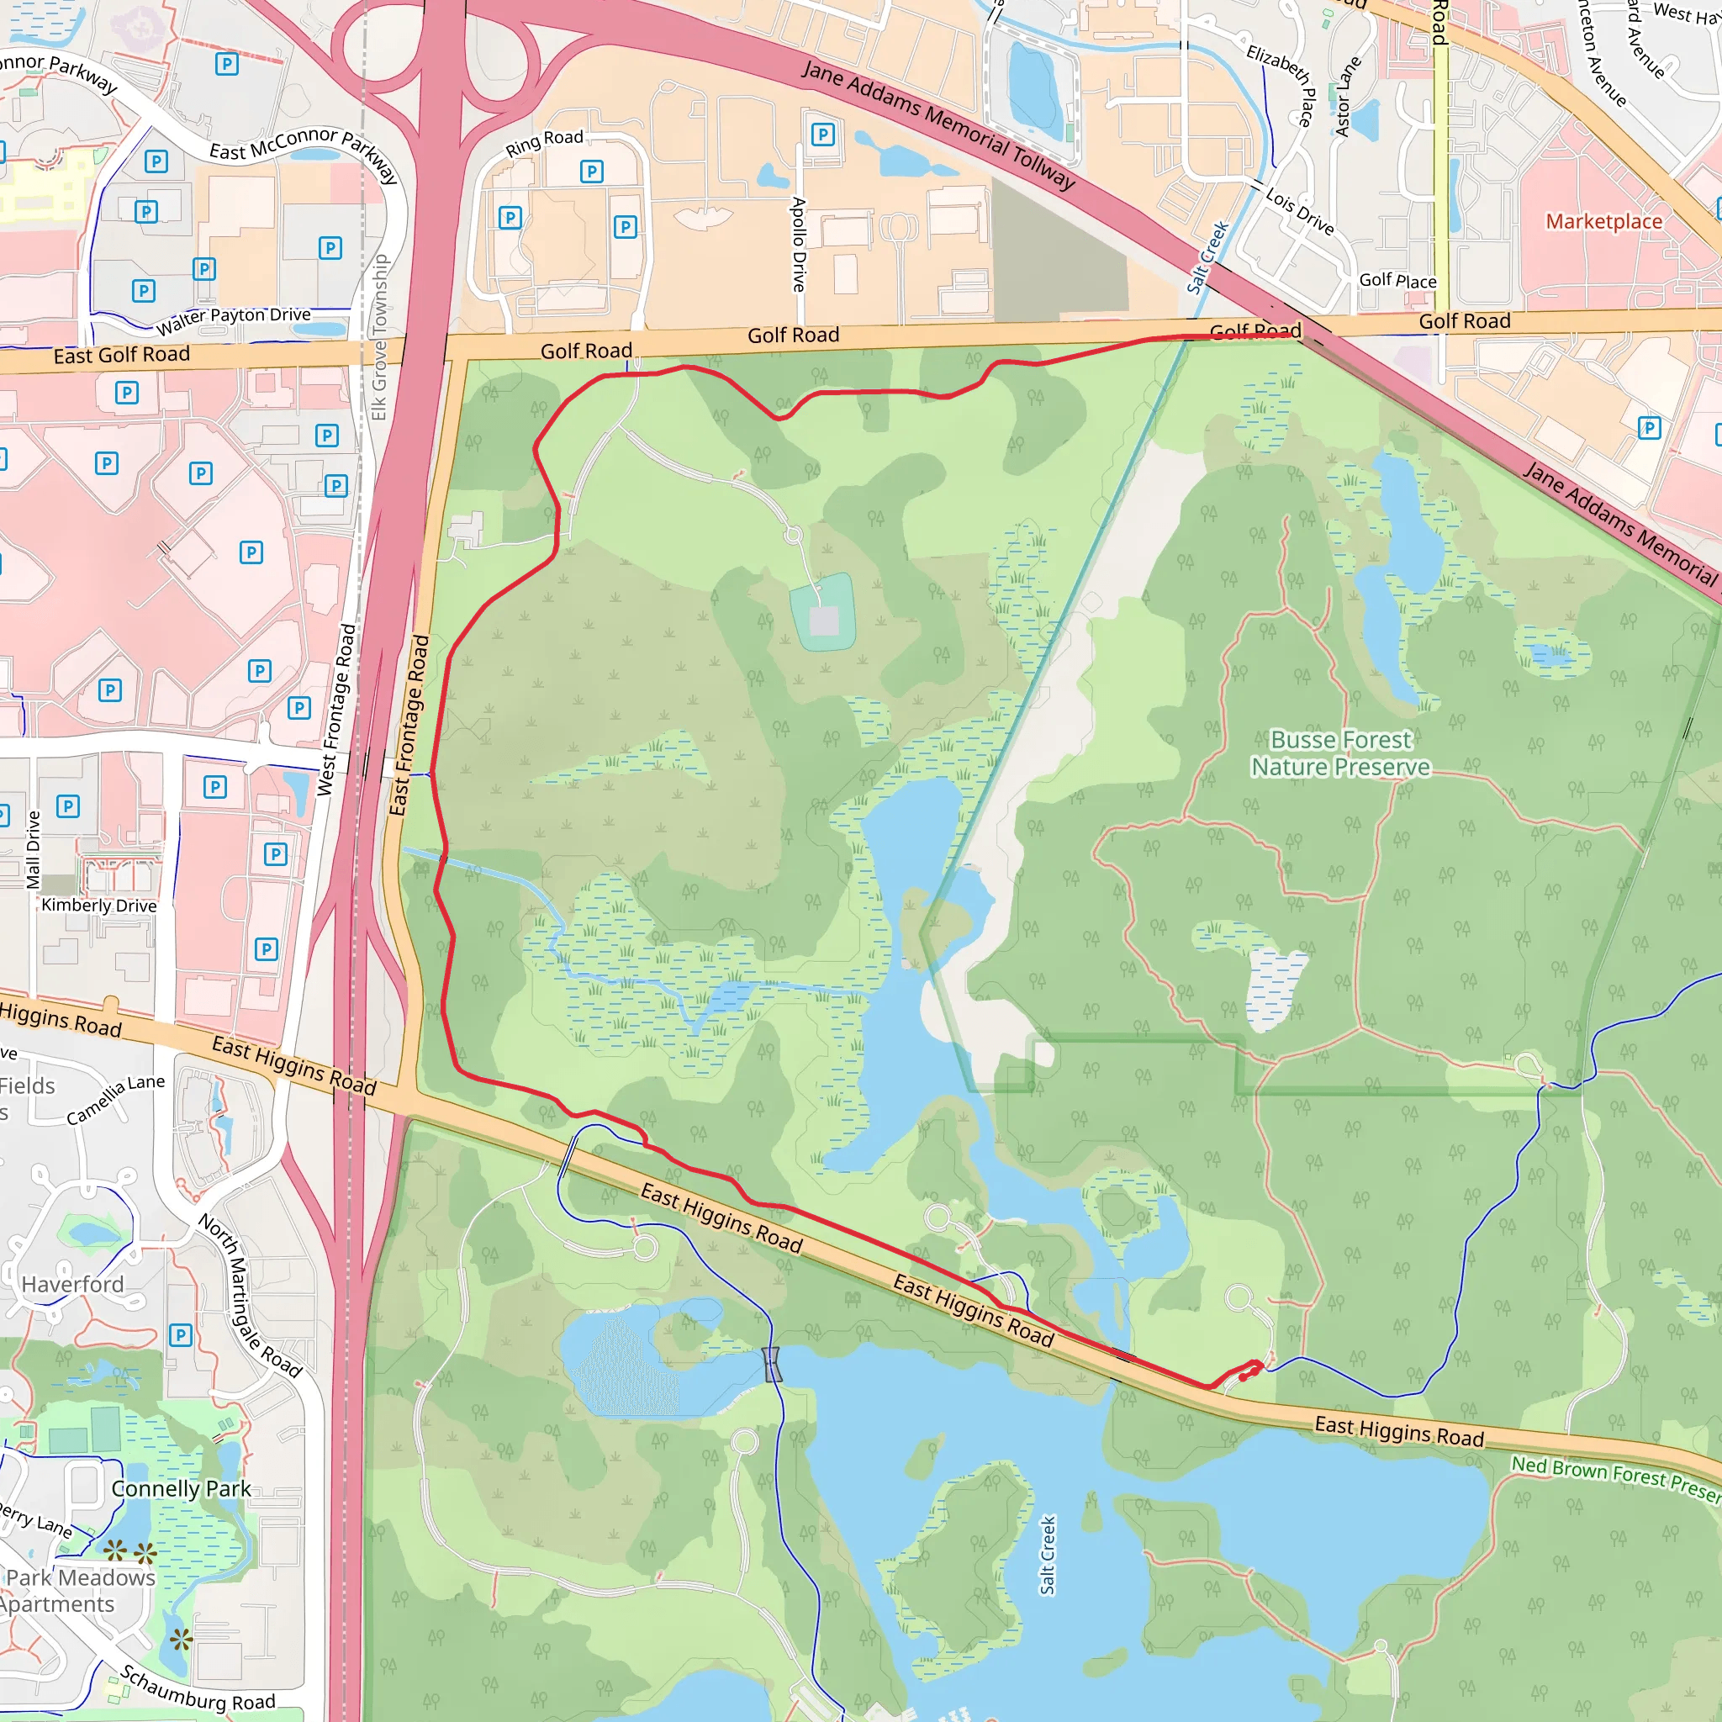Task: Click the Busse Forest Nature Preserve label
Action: [1340, 753]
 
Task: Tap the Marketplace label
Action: [1603, 221]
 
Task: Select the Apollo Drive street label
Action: [799, 244]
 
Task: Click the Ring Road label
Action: [544, 143]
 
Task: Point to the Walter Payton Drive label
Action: [234, 320]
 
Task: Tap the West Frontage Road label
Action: [337, 710]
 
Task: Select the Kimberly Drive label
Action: [99, 906]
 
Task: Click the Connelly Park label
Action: [181, 1488]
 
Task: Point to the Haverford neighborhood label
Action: [73, 1285]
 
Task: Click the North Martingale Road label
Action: [250, 1295]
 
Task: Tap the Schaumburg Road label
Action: [198, 1688]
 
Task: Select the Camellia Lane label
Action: [116, 1099]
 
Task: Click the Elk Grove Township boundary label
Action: [381, 337]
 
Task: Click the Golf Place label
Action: [1397, 281]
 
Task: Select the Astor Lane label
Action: [1347, 96]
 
